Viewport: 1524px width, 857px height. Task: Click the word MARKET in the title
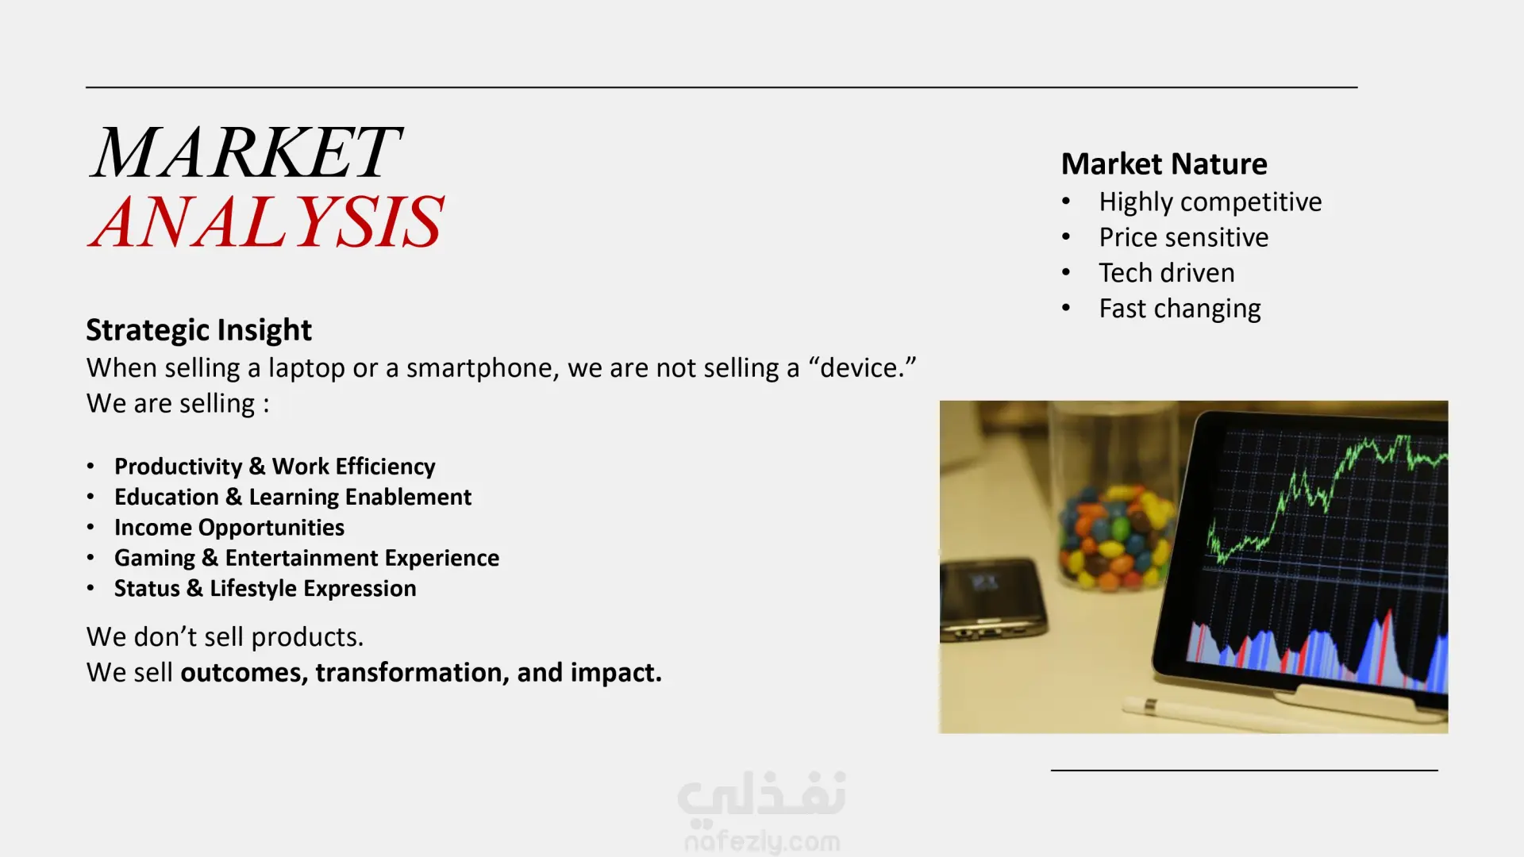[x=246, y=152]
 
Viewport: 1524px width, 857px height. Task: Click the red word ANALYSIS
[x=266, y=221]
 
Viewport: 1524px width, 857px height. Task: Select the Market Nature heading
[x=1164, y=163]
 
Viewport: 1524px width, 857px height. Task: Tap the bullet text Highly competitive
[x=1210, y=202]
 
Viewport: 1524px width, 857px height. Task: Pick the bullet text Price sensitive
[x=1183, y=237]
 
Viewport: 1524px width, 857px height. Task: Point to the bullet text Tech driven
[x=1167, y=273]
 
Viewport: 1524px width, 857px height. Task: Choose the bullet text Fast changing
[x=1180, y=309]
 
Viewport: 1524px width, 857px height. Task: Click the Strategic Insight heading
[x=198, y=330]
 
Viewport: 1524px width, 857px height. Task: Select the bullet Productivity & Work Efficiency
[x=275, y=467]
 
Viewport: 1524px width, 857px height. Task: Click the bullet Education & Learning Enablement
[x=293, y=497]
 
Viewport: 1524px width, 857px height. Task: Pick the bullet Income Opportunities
[x=229, y=528]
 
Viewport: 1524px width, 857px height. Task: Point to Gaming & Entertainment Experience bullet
[x=306, y=558]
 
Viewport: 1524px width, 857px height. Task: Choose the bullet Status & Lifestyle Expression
[x=265, y=589]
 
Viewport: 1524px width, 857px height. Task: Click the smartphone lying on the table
[x=992, y=600]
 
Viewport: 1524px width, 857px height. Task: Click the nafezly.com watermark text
[x=762, y=841]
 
